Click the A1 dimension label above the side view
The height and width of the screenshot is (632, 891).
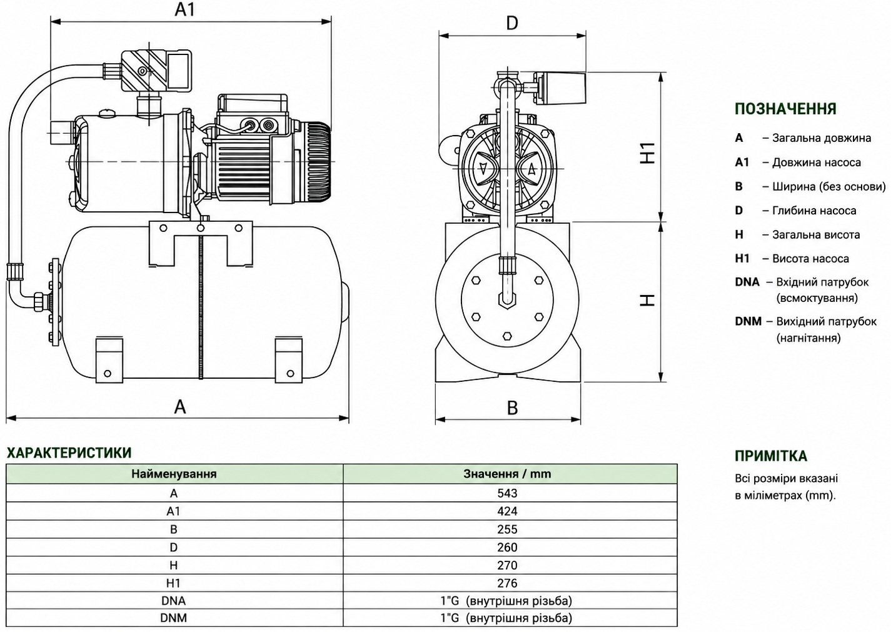coord(185,9)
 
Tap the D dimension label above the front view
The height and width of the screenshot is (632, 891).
coord(512,23)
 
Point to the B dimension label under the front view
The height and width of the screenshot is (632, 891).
coord(512,408)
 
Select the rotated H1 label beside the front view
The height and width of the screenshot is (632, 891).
coord(647,153)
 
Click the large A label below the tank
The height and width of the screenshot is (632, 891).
coord(180,406)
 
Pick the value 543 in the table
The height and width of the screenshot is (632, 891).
coord(507,493)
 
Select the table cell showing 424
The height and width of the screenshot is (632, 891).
coord(507,511)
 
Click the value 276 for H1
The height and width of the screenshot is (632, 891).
coord(507,583)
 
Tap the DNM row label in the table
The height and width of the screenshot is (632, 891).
coord(173,618)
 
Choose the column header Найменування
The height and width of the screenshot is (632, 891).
coord(174,474)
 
